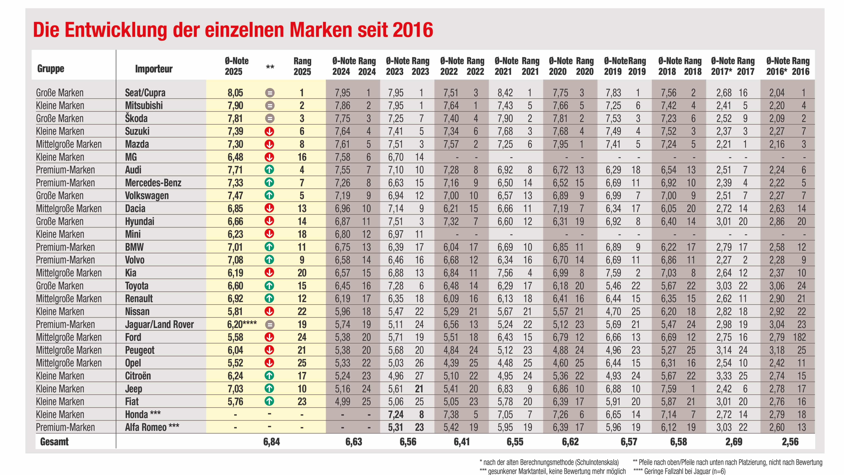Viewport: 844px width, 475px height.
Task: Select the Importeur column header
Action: point(154,69)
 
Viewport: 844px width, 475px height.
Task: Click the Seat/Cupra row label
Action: point(145,93)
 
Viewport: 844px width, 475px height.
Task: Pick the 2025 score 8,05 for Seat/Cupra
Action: point(235,93)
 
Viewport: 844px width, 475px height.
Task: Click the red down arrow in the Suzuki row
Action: point(269,131)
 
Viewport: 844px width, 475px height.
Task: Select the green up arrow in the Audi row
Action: point(269,170)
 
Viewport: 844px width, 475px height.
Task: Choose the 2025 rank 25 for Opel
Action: point(302,363)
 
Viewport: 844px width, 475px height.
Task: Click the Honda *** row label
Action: point(143,414)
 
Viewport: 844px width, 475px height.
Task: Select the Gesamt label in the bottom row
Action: point(54,442)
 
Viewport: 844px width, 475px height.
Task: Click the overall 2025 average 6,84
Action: point(272,442)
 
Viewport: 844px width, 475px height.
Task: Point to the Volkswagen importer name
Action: point(147,196)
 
